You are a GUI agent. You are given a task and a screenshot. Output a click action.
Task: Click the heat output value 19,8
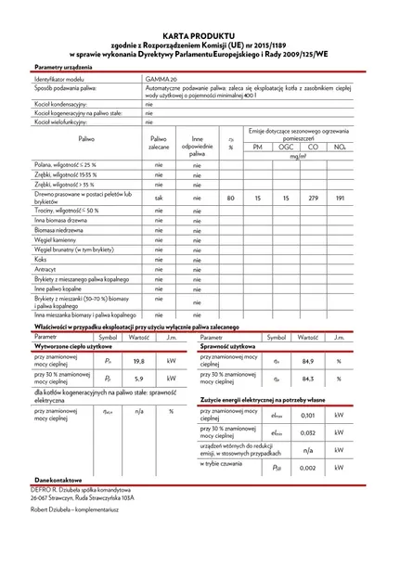point(138,361)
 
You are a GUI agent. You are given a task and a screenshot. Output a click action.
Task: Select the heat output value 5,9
point(138,378)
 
